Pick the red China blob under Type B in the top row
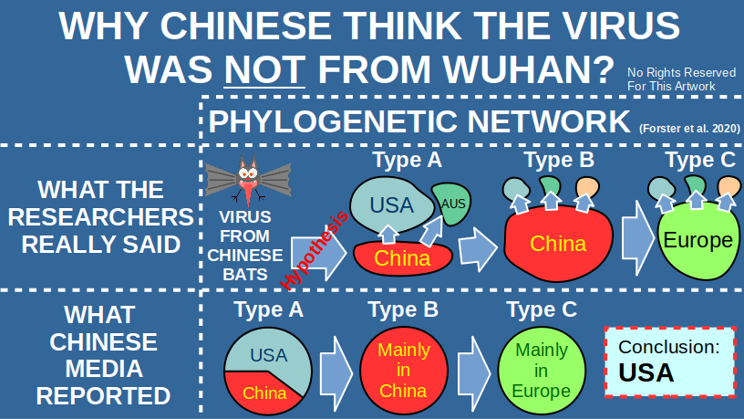tap(557, 244)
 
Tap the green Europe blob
tap(697, 241)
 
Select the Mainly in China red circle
tap(404, 371)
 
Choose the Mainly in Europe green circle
tap(541, 371)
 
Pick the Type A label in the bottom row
tap(268, 309)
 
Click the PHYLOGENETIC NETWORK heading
tap(419, 121)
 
